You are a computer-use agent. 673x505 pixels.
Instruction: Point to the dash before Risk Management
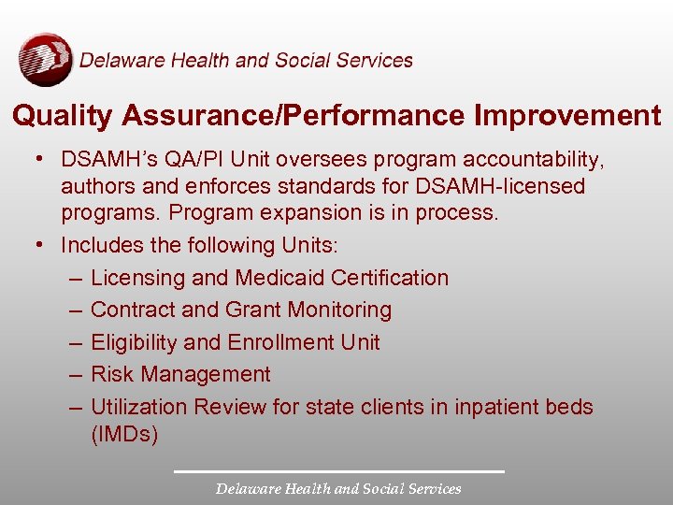click(x=74, y=374)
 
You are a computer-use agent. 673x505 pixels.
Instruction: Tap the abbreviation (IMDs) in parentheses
click(x=124, y=434)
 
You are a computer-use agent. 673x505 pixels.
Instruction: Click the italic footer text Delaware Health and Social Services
click(x=338, y=488)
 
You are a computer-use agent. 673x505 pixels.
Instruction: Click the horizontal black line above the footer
click(x=338, y=471)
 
